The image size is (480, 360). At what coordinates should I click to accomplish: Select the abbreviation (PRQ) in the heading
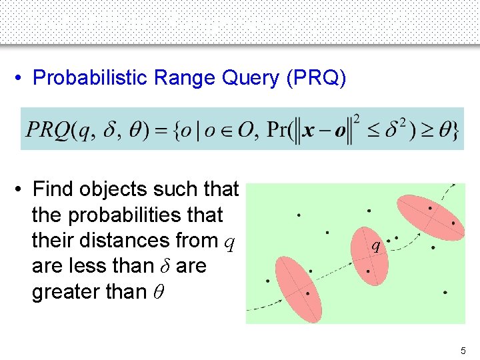pos(316,78)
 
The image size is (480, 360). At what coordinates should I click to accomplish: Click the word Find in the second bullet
pos(53,190)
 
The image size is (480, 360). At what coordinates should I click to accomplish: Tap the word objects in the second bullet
pos(113,190)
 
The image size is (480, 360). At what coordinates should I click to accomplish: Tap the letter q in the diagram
pos(377,246)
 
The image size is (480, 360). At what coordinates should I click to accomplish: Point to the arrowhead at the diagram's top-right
pos(453,186)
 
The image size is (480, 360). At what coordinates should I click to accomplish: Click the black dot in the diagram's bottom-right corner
pos(445,293)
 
